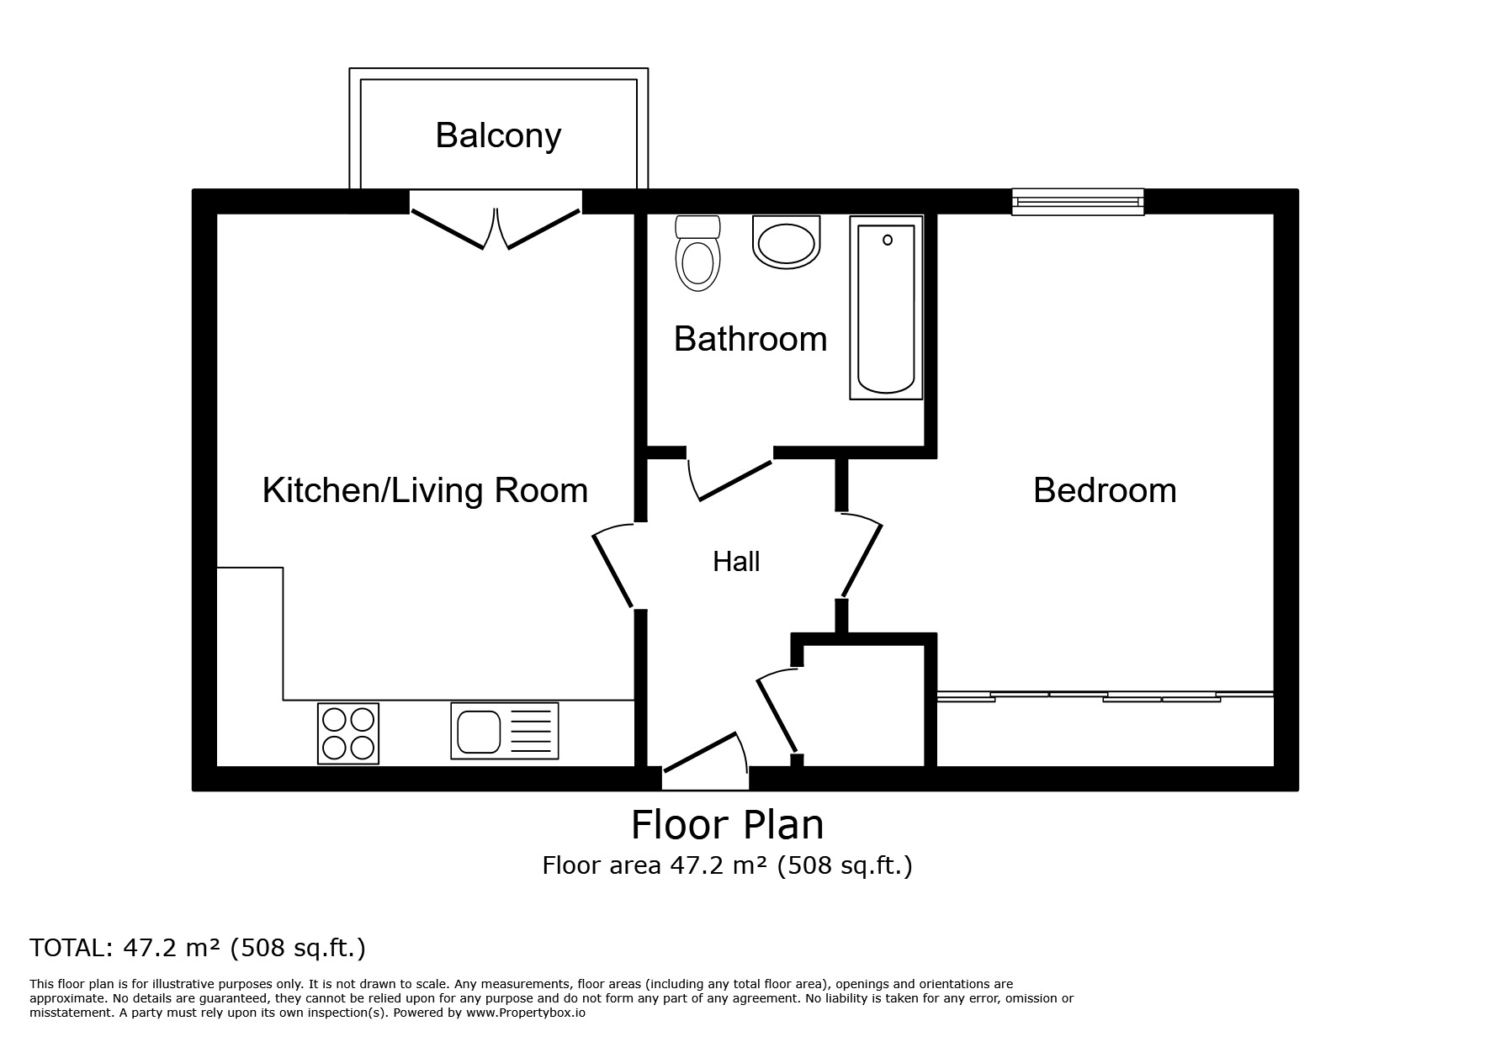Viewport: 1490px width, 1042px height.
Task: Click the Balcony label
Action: (498, 135)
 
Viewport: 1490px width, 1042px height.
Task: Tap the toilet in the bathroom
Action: (697, 253)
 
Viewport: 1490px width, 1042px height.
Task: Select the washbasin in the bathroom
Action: (787, 243)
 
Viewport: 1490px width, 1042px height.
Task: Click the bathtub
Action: (885, 308)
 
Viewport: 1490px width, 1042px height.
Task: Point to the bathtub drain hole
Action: (887, 241)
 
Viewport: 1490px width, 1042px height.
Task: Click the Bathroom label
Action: (750, 339)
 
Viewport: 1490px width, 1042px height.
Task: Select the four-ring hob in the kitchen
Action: (347, 733)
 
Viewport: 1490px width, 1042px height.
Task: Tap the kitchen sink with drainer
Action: (504, 731)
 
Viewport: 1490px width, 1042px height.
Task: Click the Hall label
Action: (736, 562)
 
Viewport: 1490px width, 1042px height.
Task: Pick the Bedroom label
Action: (1104, 490)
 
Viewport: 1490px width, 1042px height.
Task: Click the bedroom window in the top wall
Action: (1077, 202)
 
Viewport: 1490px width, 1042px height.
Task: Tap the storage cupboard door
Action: (777, 713)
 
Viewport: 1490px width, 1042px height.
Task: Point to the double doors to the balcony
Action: (496, 227)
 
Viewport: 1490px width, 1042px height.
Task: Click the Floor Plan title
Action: (727, 825)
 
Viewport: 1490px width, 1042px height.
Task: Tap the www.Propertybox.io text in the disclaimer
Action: (525, 1013)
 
